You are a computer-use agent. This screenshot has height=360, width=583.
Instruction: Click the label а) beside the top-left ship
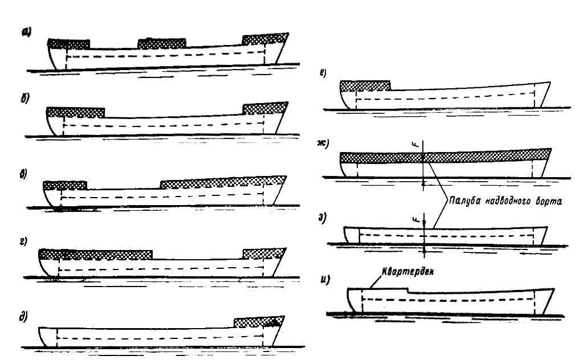(26, 32)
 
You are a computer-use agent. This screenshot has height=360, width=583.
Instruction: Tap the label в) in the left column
(25, 173)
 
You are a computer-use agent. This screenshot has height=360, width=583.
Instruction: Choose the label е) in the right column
(323, 72)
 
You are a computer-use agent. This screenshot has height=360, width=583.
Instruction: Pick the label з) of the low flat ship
(323, 218)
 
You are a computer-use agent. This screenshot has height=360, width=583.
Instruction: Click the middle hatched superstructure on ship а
(162, 43)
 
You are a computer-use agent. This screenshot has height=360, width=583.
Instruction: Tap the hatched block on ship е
(365, 86)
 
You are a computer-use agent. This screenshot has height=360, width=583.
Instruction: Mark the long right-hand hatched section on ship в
(222, 182)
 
